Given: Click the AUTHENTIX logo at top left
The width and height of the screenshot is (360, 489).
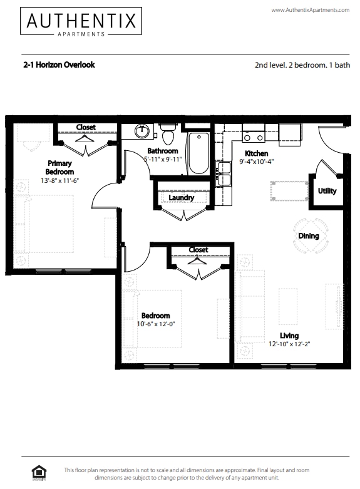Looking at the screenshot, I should click(x=80, y=22).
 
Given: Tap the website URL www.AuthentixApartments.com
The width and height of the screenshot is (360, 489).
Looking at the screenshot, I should click(x=310, y=10).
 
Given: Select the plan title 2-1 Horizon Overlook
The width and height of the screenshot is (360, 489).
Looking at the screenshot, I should click(x=58, y=64).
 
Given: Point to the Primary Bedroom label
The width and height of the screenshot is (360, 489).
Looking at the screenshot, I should click(x=60, y=167).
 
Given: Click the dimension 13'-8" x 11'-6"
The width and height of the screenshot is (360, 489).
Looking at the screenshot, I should click(x=60, y=180).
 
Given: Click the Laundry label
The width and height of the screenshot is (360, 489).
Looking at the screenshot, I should click(x=182, y=198).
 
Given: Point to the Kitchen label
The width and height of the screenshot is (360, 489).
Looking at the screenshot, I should click(x=256, y=153).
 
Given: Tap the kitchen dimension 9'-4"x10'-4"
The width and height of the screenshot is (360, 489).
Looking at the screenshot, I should click(x=257, y=162).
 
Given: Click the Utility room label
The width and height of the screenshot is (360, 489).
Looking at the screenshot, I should click(x=327, y=191).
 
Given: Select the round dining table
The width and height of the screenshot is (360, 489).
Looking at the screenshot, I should click(x=308, y=236).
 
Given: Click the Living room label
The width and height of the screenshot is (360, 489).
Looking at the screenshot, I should click(x=289, y=336).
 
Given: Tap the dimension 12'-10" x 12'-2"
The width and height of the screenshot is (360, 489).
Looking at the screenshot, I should click(x=289, y=344).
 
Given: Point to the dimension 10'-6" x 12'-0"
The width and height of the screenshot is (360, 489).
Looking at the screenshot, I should click(x=156, y=325).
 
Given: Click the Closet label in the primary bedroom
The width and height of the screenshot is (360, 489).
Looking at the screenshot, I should click(x=86, y=128).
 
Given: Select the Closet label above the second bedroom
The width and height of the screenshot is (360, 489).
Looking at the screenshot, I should click(x=198, y=250).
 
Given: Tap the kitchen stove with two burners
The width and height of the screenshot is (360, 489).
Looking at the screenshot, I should click(x=254, y=135).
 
